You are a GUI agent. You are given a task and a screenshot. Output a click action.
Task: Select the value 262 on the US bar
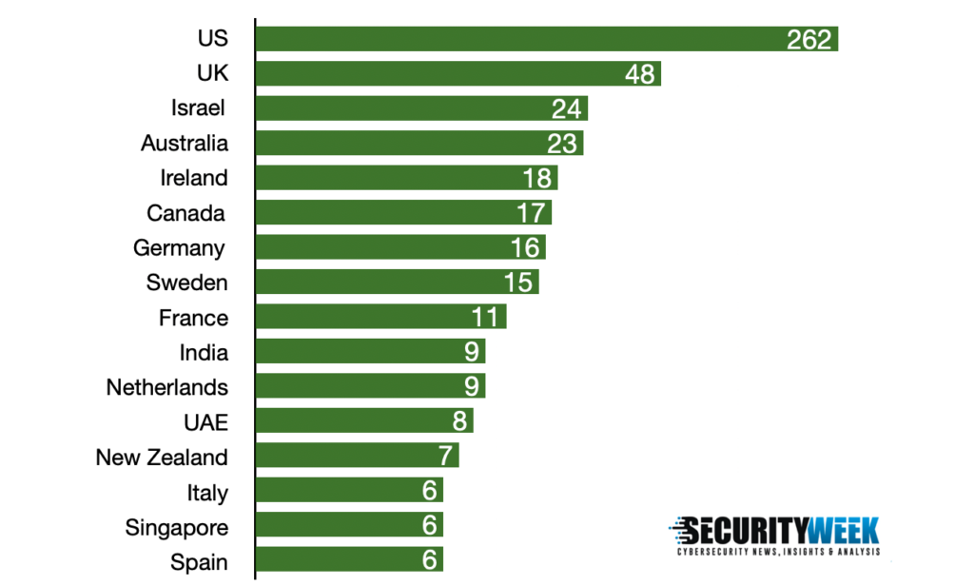(809, 39)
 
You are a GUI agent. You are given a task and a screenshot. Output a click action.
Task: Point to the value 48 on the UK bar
(640, 74)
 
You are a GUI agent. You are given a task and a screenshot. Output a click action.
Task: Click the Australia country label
(185, 143)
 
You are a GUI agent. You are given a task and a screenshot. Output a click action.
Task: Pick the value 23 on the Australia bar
(562, 144)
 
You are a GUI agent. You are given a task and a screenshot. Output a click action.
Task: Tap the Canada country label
(186, 212)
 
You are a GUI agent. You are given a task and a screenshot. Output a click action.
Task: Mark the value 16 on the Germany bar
(525, 247)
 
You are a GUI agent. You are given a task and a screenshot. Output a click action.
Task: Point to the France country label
(193, 318)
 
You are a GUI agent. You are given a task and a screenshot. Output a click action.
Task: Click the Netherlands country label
(167, 387)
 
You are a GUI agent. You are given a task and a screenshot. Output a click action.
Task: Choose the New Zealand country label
(162, 457)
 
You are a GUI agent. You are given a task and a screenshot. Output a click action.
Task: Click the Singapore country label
(177, 527)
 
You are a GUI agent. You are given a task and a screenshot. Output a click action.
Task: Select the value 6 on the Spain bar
(429, 560)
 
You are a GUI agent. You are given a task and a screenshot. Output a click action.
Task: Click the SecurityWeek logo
(774, 536)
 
